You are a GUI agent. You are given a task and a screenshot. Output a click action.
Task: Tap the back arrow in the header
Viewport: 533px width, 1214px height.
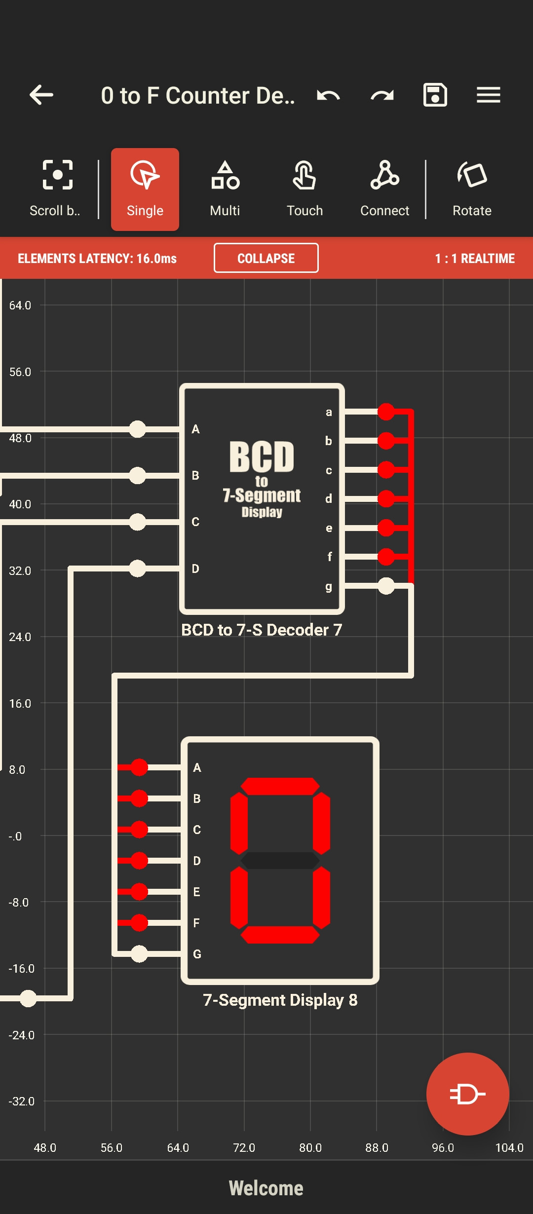point(41,95)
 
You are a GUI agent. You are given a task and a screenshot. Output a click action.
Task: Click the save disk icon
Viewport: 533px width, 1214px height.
point(435,95)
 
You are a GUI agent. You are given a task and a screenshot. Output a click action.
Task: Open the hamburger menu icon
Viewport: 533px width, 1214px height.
point(488,95)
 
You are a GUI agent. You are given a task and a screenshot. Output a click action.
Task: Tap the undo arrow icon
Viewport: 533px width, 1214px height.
point(328,95)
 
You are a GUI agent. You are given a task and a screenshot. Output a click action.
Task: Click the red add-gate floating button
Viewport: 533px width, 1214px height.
point(467,1094)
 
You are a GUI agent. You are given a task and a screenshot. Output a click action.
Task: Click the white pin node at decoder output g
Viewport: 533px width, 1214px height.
point(386,586)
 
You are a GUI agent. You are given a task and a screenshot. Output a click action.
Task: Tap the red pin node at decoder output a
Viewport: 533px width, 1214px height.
point(386,411)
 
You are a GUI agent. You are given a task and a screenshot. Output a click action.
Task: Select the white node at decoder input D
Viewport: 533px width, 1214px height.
point(137,568)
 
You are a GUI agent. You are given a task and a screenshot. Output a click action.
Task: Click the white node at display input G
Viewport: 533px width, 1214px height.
point(139,953)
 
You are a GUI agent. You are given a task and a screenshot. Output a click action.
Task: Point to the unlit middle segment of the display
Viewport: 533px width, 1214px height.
point(280,860)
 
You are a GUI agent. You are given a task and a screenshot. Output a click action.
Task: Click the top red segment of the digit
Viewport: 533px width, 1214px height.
point(280,786)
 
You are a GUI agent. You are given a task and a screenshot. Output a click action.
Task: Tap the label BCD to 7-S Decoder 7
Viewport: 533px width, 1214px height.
point(262,630)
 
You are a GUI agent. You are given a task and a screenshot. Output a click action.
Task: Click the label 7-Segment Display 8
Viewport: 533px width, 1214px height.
point(280,1000)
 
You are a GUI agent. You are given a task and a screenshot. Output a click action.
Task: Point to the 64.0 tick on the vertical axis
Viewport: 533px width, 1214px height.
point(20,305)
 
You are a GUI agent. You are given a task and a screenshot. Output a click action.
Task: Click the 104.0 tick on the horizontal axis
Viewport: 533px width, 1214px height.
point(509,1148)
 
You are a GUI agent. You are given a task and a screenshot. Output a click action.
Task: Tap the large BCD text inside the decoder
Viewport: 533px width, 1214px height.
point(262,456)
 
